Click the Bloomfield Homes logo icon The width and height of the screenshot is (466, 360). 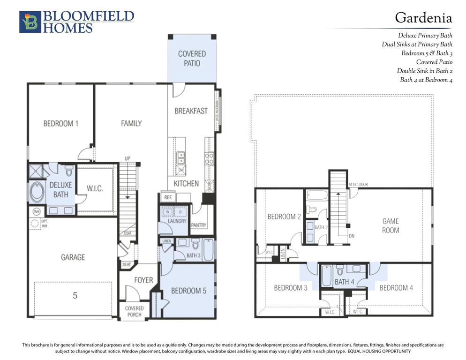30,22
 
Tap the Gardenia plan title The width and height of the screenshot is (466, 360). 423,18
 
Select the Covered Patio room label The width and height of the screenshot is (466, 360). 192,59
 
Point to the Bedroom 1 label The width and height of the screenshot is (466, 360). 60,124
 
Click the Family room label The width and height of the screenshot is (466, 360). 131,124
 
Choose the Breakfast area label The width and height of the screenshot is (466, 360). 191,111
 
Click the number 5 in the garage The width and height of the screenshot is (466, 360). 75,296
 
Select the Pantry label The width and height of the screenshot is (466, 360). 199,225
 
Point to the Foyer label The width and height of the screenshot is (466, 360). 143,280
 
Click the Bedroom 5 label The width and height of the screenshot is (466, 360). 188,291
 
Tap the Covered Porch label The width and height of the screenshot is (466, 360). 134,311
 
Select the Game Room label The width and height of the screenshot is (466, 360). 390,225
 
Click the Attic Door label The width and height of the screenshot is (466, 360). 359,185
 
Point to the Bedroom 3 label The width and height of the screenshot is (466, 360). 291,288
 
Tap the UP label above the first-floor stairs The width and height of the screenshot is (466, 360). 127,158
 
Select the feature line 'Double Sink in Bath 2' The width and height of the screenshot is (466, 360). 424,71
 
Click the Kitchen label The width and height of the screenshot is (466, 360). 186,183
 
